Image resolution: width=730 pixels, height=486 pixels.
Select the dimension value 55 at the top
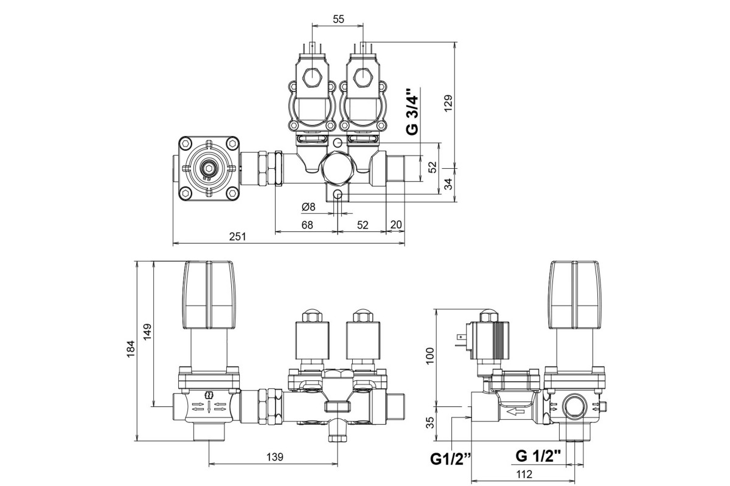[x=338, y=19]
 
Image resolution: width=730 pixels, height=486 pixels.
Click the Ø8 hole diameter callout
[x=309, y=207]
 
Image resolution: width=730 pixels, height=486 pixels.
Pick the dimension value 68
[x=307, y=225]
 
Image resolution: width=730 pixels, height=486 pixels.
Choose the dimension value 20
[x=396, y=225]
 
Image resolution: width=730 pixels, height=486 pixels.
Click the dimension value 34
[x=449, y=183]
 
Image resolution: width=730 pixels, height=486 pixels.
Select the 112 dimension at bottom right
[x=524, y=474]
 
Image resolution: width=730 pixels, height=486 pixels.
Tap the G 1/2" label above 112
[x=538, y=456]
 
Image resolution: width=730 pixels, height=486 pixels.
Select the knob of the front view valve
[x=209, y=295]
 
